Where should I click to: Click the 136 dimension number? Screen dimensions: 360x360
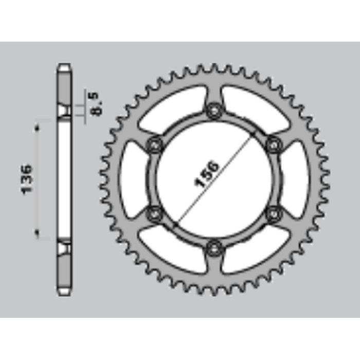(x=27, y=179)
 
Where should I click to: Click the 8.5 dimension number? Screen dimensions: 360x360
(x=97, y=104)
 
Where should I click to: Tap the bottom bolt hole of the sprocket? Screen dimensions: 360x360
(x=214, y=248)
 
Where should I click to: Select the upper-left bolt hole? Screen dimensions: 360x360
(x=155, y=146)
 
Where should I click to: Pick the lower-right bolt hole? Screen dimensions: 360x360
(x=274, y=214)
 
